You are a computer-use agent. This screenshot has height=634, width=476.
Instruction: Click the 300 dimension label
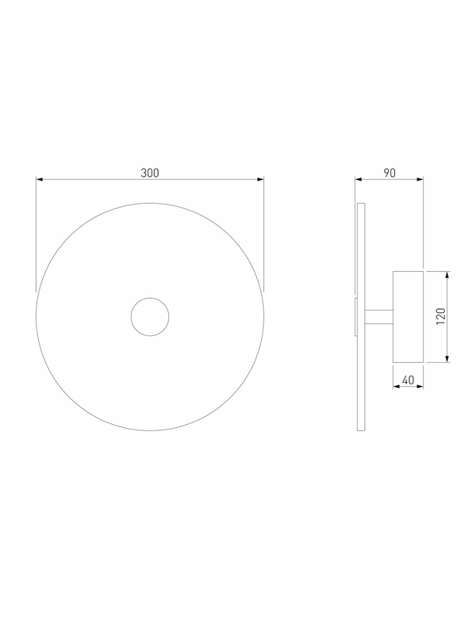click(150, 173)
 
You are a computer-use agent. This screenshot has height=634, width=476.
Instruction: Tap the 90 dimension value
click(389, 173)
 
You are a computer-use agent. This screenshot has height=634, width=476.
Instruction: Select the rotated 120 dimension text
click(441, 316)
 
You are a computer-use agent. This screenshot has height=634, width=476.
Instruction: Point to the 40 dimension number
click(408, 380)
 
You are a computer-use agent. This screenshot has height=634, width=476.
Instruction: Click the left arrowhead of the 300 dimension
click(39, 179)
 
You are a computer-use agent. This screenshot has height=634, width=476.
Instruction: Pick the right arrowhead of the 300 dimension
click(261, 179)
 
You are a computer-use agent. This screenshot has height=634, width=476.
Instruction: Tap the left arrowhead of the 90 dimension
click(359, 179)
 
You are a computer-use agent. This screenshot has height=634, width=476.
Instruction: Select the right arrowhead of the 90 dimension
click(420, 179)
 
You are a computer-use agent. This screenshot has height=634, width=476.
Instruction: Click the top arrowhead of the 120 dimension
click(447, 274)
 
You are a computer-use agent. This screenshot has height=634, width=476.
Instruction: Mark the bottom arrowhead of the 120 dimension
click(447, 359)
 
